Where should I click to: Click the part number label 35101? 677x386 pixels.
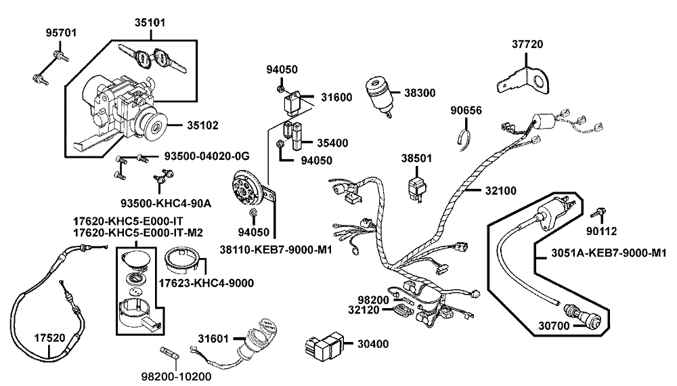pyautogui.click(x=150, y=22)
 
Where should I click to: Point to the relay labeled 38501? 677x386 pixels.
pyautogui.click(x=416, y=186)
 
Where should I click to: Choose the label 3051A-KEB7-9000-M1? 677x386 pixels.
pyautogui.click(x=609, y=253)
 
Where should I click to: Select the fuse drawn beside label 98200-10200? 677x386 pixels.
pyautogui.click(x=170, y=353)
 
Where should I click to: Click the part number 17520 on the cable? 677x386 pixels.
pyautogui.click(x=49, y=338)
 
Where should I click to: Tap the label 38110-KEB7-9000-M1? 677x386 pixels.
pyautogui.click(x=276, y=250)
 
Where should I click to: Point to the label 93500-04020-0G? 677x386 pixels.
pyautogui.click(x=206, y=156)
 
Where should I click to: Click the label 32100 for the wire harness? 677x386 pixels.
pyautogui.click(x=501, y=190)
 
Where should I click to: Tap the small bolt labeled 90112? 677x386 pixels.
pyautogui.click(x=598, y=213)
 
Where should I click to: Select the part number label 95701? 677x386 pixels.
pyautogui.click(x=62, y=33)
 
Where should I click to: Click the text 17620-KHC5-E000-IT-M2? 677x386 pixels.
pyautogui.click(x=137, y=233)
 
